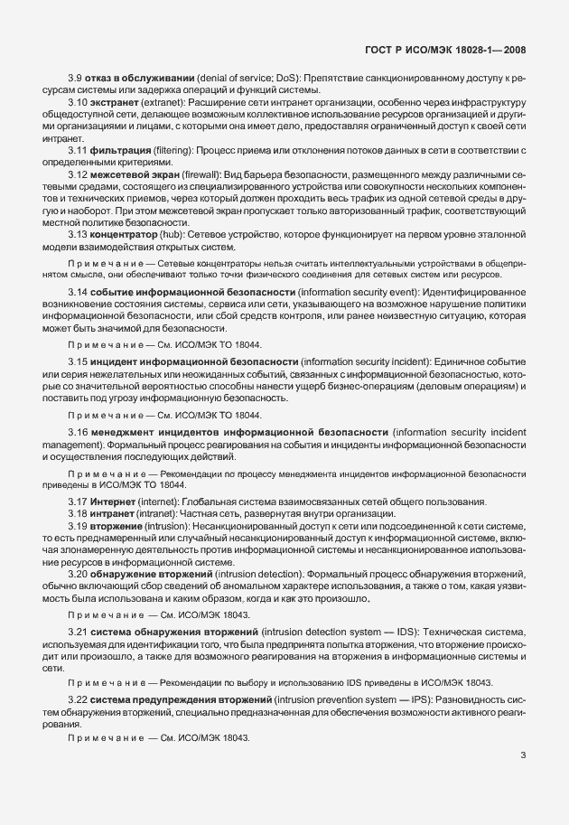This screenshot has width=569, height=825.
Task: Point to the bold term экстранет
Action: click(116, 104)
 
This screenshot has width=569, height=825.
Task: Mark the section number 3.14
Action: click(79, 294)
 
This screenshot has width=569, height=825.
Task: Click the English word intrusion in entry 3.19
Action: click(167, 525)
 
